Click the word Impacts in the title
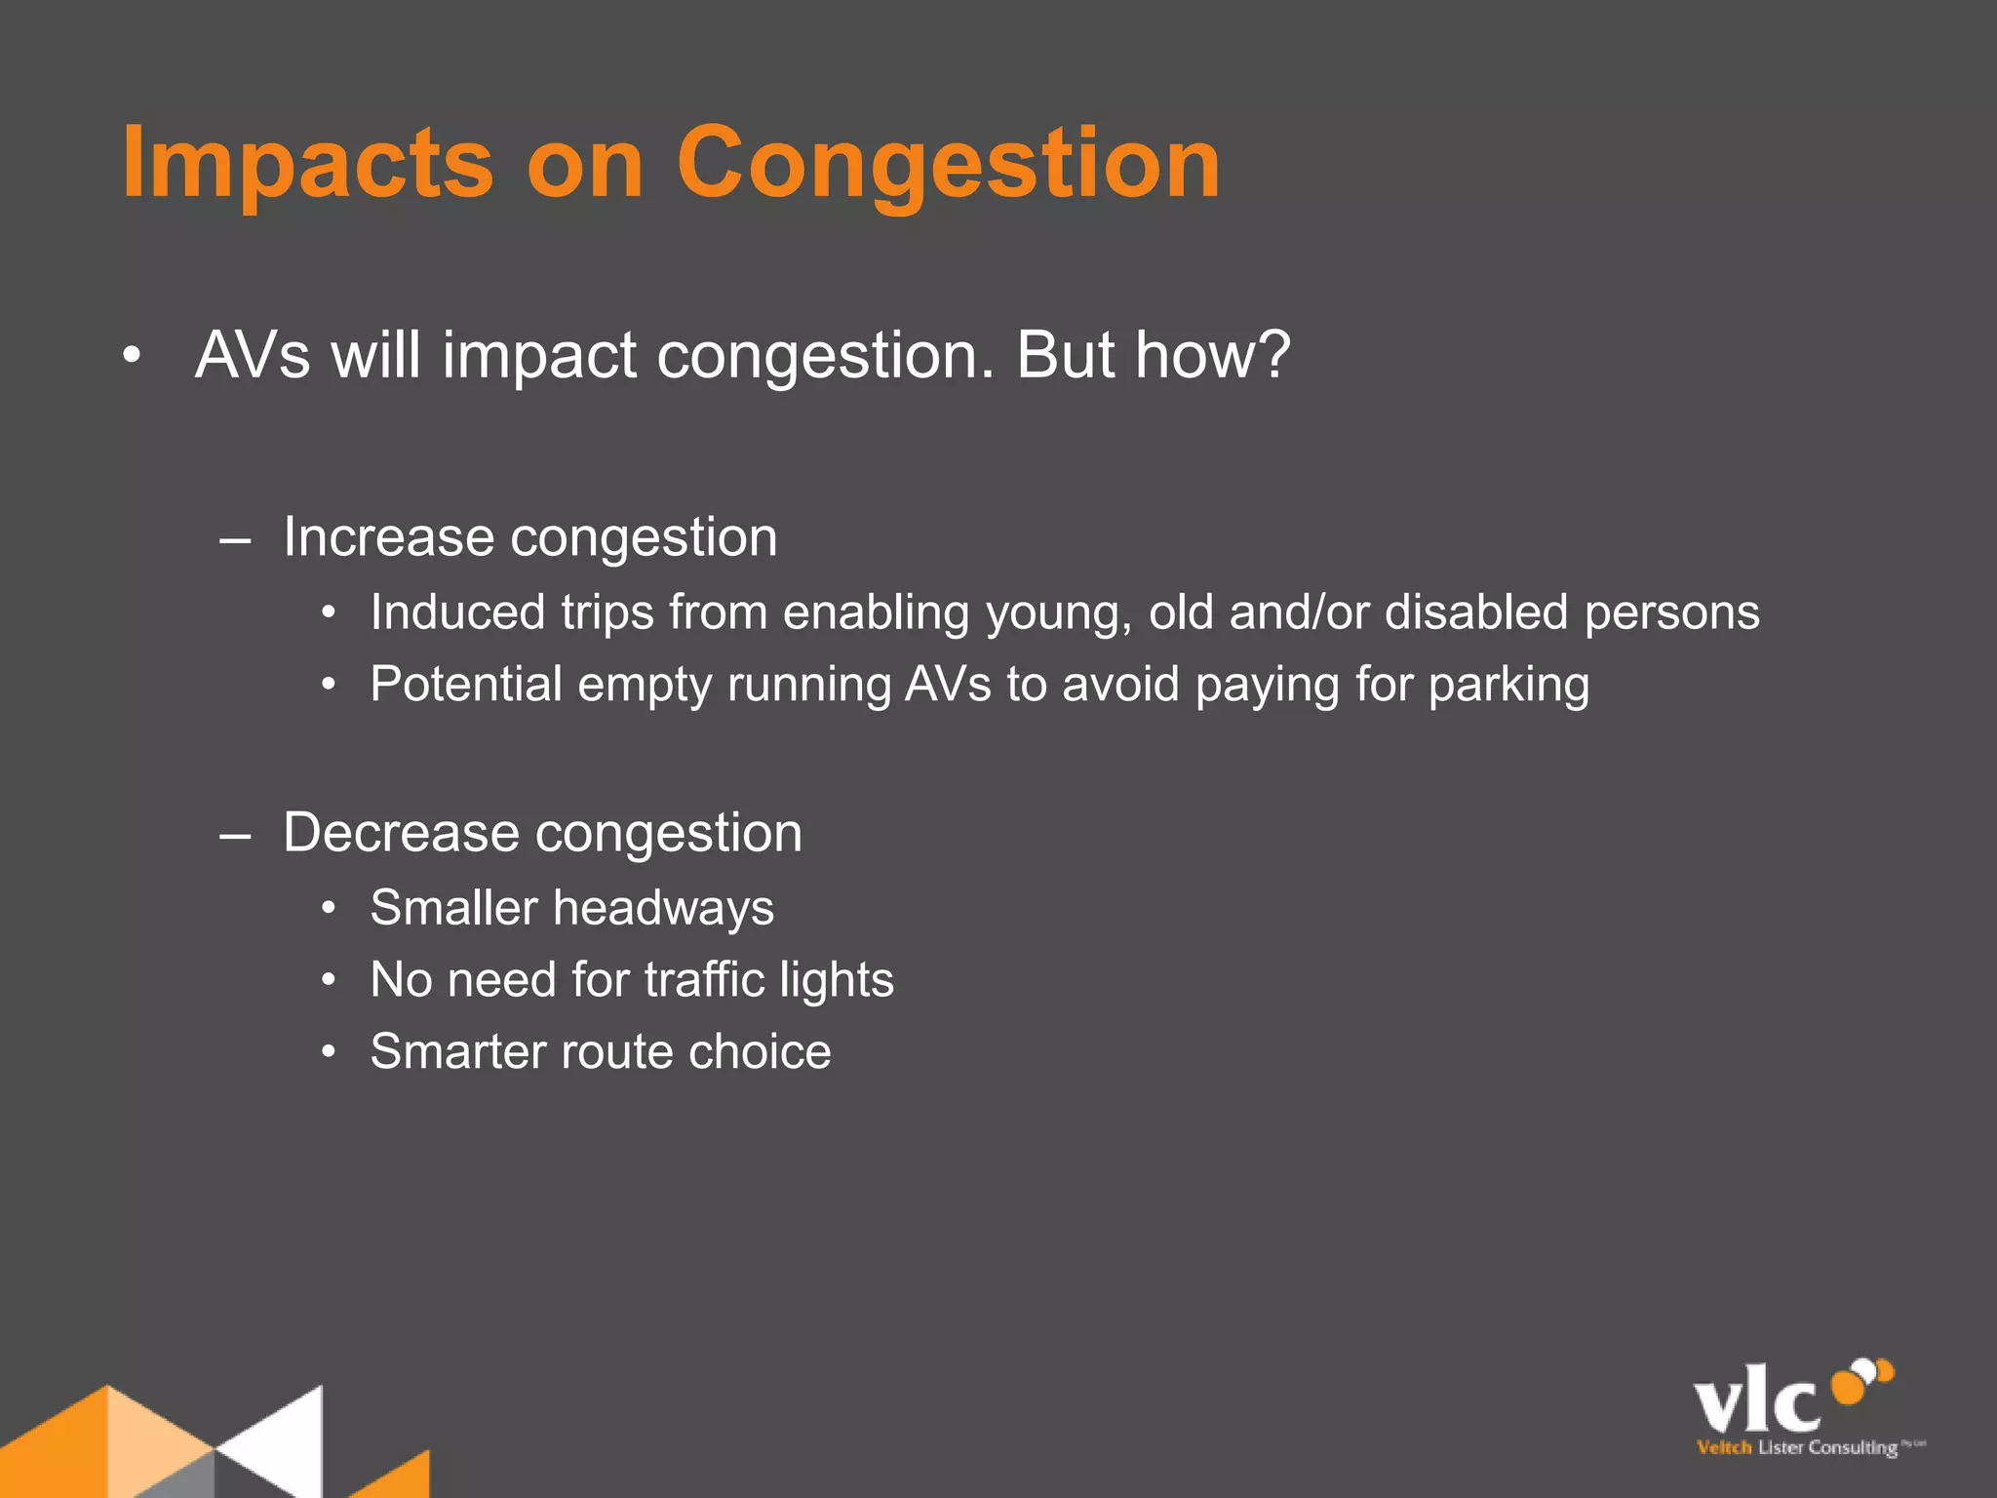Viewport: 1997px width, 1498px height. [x=307, y=164]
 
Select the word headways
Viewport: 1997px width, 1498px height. [x=663, y=909]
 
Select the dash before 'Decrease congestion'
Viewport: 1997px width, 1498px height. [x=235, y=836]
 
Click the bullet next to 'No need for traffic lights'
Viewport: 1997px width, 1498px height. [x=330, y=980]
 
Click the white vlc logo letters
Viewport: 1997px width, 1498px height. [x=1756, y=1403]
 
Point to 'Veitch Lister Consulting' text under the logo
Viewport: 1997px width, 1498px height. [x=1797, y=1447]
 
